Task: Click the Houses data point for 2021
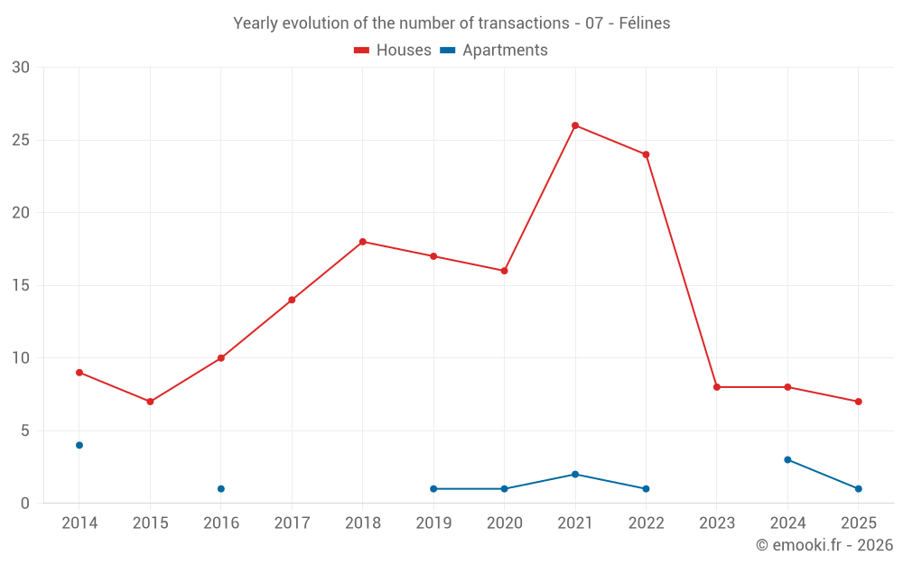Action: coord(575,125)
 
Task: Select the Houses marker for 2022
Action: coord(646,154)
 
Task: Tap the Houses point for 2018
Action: coord(362,242)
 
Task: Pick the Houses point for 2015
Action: coord(150,402)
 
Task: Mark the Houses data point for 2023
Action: coord(717,387)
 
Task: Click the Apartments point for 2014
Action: coord(79,445)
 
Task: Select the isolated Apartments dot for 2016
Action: coord(221,489)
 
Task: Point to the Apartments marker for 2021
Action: coord(575,475)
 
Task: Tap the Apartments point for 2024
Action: coord(787,460)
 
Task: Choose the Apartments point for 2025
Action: coord(858,489)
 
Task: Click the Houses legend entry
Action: coord(393,51)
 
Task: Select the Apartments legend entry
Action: coord(494,51)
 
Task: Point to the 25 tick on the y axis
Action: coord(21,140)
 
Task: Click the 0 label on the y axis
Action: coord(25,504)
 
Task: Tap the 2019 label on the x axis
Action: coord(433,523)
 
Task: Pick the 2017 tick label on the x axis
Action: coord(292,523)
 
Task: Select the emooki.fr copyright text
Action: coord(824,545)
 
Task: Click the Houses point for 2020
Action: coord(504,271)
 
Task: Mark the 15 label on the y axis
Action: coord(21,285)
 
